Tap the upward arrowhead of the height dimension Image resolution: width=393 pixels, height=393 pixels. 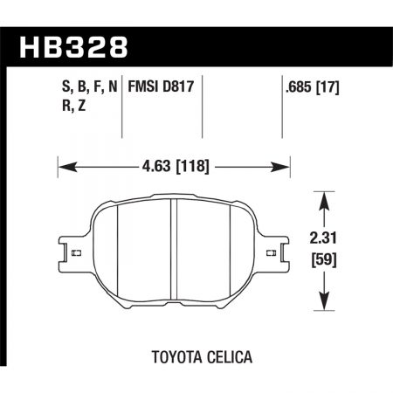pos(325,197)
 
